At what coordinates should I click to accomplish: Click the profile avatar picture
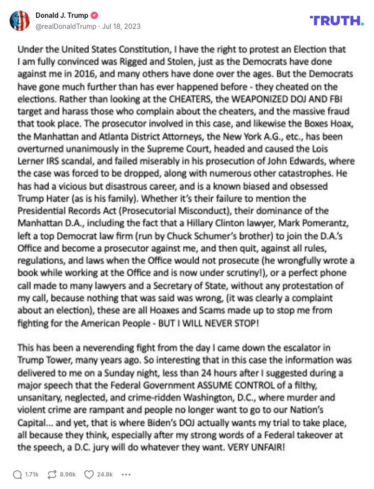(20, 21)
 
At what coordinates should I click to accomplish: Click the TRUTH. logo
(336, 20)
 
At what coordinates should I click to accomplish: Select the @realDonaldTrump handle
(65, 26)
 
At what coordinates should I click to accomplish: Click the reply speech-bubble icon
(17, 475)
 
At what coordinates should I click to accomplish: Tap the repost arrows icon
(52, 475)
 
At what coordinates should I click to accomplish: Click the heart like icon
(89, 475)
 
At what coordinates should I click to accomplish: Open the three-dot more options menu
(126, 475)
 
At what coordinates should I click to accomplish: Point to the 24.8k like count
(105, 475)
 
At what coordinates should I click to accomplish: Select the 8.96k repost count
(68, 475)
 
